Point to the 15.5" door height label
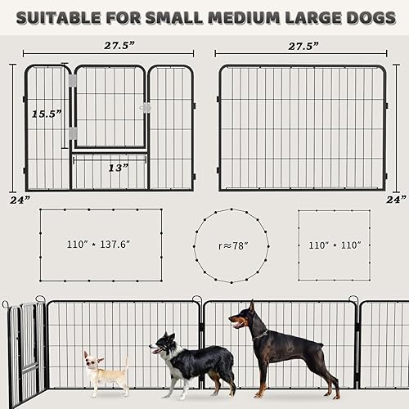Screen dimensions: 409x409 [x=46, y=115]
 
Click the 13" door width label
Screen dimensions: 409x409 [x=118, y=168]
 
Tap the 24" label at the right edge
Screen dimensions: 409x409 [x=396, y=199]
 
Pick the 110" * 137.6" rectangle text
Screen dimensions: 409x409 [x=99, y=244]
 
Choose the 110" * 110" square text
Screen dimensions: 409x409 [x=333, y=244]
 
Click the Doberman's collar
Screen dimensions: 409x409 [x=261, y=335]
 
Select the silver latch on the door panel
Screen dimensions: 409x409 [x=146, y=107]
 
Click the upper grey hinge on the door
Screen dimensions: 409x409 [x=72, y=81]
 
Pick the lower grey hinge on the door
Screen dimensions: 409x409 [x=72, y=133]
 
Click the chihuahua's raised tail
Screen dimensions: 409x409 [x=125, y=362]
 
